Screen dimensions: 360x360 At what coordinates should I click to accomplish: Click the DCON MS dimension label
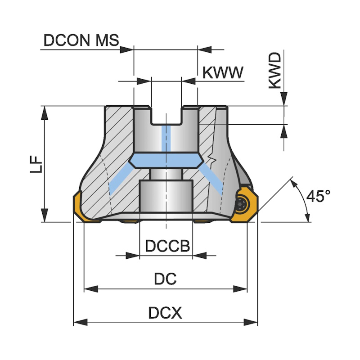click(x=81, y=40)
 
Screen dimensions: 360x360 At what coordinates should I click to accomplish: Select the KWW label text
click(x=223, y=72)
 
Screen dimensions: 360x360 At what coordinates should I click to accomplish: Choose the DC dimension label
click(x=165, y=279)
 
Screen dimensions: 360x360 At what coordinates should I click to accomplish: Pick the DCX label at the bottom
click(x=165, y=313)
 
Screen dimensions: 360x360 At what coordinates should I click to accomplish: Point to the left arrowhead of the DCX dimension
click(x=80, y=322)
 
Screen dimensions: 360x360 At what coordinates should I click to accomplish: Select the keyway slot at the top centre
click(x=166, y=115)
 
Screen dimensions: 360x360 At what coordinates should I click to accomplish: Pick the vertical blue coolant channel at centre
click(x=166, y=139)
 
